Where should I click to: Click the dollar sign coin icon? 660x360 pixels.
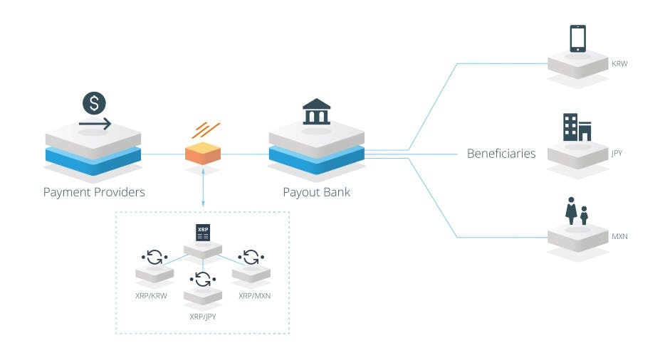[x=94, y=103]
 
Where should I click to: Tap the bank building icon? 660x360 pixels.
[x=317, y=112]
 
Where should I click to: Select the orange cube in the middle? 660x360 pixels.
[x=203, y=153]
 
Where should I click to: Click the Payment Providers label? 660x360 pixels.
[x=94, y=192]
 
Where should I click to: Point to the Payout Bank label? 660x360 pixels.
[x=317, y=192]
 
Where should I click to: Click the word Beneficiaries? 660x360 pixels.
[x=501, y=154]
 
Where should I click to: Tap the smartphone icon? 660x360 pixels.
[x=578, y=38]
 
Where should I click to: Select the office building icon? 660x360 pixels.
[x=577, y=127]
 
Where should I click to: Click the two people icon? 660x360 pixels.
[x=576, y=211]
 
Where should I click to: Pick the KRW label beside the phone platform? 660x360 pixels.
[x=619, y=64]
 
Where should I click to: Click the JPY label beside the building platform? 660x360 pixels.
[x=617, y=153]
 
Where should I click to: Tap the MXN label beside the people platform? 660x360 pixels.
[x=619, y=236]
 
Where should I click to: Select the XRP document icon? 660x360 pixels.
[x=203, y=233]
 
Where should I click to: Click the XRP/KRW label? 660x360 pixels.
[x=151, y=296]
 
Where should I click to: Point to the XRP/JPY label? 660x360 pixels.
[x=203, y=317]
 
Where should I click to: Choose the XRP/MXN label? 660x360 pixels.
[x=255, y=296]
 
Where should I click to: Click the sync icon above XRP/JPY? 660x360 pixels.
[x=203, y=280]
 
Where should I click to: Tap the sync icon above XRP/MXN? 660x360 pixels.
[x=251, y=257]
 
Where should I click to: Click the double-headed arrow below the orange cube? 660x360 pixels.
[x=203, y=188]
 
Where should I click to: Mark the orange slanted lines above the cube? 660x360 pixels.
[x=206, y=130]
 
